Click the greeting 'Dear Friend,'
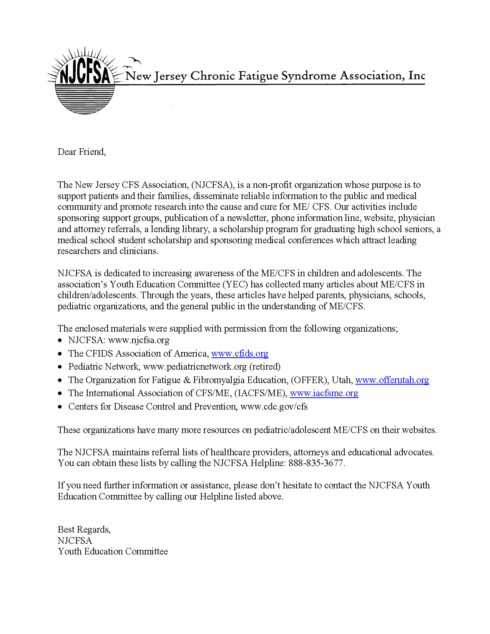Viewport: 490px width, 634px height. pyautogui.click(x=81, y=152)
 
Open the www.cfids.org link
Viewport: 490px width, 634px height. pyautogui.click(x=240, y=354)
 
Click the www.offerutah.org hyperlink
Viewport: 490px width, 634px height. pyautogui.click(x=392, y=380)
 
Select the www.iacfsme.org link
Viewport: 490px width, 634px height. pyautogui.click(x=324, y=393)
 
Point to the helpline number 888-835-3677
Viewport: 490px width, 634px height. pyautogui.click(x=316, y=463)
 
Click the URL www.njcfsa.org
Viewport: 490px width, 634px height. pyautogui.click(x=139, y=340)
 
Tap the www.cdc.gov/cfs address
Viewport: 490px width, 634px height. pyautogui.click(x=274, y=407)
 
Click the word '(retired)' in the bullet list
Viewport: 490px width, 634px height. pyautogui.click(x=265, y=367)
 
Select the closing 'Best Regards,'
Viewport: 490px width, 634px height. pyautogui.click(x=84, y=529)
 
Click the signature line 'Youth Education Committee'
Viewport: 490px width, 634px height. pyautogui.click(x=113, y=551)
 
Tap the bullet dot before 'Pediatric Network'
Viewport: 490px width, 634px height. pyautogui.click(x=60, y=367)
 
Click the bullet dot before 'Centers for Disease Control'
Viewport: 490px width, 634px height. pyautogui.click(x=60, y=407)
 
